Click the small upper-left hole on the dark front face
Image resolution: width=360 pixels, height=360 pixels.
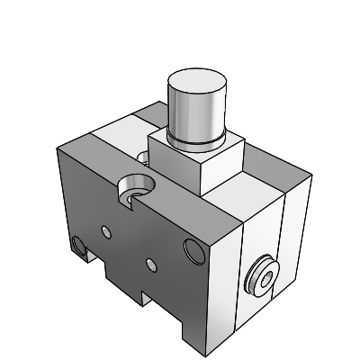(106, 232)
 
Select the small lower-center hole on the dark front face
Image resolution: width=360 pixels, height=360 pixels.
(150, 264)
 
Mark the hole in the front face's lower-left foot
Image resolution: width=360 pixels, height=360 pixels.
(78, 245)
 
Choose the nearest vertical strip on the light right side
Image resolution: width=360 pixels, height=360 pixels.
(225, 270)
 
